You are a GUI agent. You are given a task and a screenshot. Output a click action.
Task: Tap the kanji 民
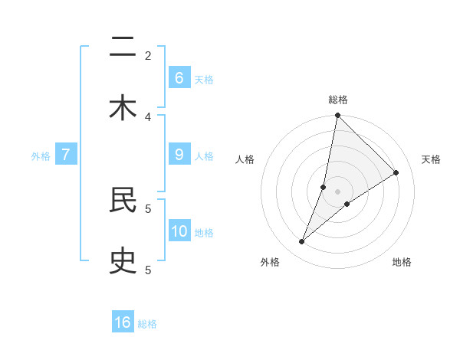(123, 200)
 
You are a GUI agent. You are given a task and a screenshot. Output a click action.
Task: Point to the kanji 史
(123, 261)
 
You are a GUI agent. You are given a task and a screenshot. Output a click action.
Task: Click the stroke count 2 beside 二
(148, 55)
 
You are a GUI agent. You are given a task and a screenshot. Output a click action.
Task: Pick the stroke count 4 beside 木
(148, 116)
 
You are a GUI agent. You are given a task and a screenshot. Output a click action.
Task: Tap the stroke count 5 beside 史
(148, 270)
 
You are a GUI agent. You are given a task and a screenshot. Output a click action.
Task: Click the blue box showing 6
(179, 77)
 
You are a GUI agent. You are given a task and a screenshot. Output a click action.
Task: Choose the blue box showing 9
(179, 154)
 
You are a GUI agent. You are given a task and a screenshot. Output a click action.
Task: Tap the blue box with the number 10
(179, 231)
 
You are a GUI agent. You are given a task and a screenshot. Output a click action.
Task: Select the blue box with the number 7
(66, 154)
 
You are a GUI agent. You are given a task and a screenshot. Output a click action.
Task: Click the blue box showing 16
(123, 322)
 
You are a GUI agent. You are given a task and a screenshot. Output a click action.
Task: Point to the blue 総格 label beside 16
(147, 324)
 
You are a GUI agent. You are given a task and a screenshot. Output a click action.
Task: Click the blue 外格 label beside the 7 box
(41, 155)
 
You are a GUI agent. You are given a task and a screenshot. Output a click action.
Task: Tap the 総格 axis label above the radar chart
(337, 100)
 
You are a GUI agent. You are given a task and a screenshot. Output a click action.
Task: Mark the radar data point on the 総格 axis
(337, 116)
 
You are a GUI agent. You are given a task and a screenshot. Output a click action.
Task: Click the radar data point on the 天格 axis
(396, 172)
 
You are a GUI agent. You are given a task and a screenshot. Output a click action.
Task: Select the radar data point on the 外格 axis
(301, 242)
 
